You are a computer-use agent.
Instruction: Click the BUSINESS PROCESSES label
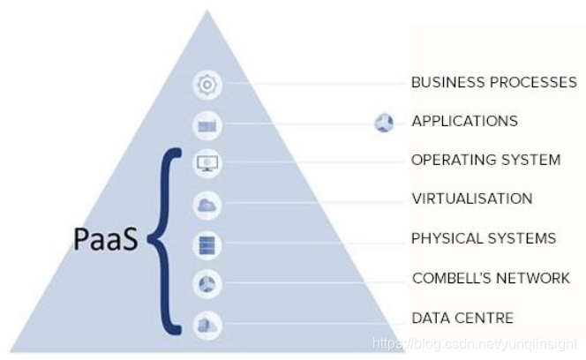(x=494, y=83)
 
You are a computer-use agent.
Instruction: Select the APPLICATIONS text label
(x=464, y=121)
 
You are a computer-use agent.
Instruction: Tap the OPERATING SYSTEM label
(x=485, y=160)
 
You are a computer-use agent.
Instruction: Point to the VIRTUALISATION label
(x=471, y=199)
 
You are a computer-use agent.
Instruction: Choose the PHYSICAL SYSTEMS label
(x=483, y=238)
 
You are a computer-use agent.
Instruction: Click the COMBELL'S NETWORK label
(x=491, y=278)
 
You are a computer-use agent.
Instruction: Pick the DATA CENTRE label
(x=462, y=318)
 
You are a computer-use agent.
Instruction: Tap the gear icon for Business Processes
(x=207, y=86)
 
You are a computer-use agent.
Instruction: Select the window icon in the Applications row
(x=207, y=125)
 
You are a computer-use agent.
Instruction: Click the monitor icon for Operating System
(x=207, y=163)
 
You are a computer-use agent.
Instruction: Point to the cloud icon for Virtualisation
(x=207, y=205)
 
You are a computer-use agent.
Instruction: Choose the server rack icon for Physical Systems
(x=207, y=244)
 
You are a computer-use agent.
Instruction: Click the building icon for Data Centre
(x=207, y=323)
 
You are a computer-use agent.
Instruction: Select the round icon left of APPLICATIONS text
(x=384, y=123)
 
